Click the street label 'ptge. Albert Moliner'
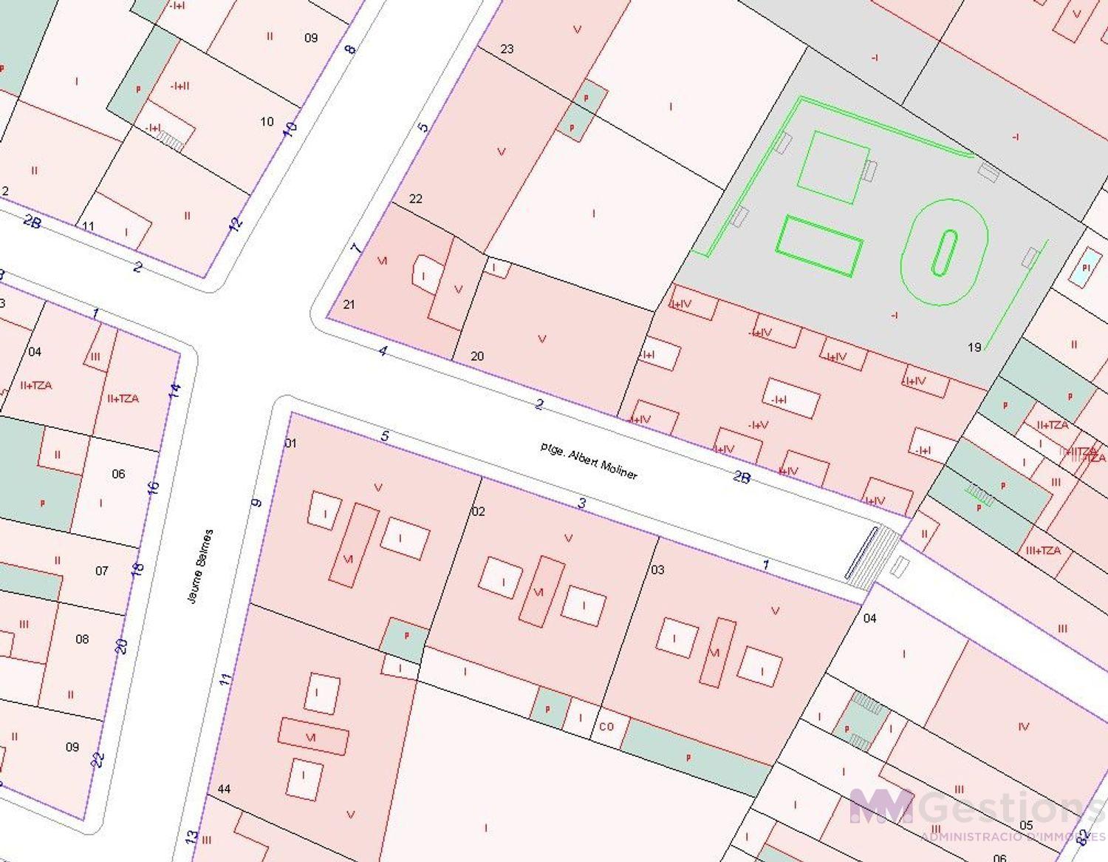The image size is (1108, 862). (x=588, y=461)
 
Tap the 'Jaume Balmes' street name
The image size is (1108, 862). (x=200, y=566)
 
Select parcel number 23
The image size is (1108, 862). (x=507, y=50)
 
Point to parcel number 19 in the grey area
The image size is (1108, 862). (x=974, y=347)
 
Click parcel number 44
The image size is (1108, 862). (x=224, y=789)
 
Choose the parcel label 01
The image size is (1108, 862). (x=290, y=443)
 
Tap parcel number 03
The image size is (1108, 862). (x=657, y=569)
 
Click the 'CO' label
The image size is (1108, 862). (x=606, y=727)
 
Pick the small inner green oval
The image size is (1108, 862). (x=944, y=252)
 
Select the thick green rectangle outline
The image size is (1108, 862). (x=819, y=246)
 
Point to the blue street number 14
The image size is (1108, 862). (x=174, y=390)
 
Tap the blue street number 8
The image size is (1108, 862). (x=350, y=50)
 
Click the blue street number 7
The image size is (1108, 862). (x=357, y=248)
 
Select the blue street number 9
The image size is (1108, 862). (x=256, y=503)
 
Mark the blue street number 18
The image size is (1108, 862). (x=137, y=569)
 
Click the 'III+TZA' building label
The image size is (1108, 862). (x=1043, y=551)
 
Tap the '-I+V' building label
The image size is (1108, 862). (x=759, y=425)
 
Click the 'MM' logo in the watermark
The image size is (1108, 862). (x=880, y=805)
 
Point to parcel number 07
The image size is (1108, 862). (x=101, y=571)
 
